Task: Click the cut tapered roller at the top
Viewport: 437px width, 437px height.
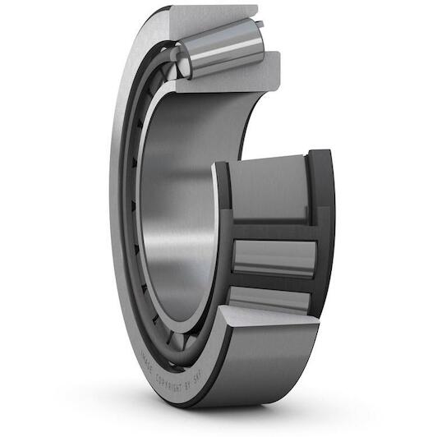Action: pyautogui.click(x=220, y=48)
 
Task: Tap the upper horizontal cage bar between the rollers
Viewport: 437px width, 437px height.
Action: pyautogui.click(x=271, y=230)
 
